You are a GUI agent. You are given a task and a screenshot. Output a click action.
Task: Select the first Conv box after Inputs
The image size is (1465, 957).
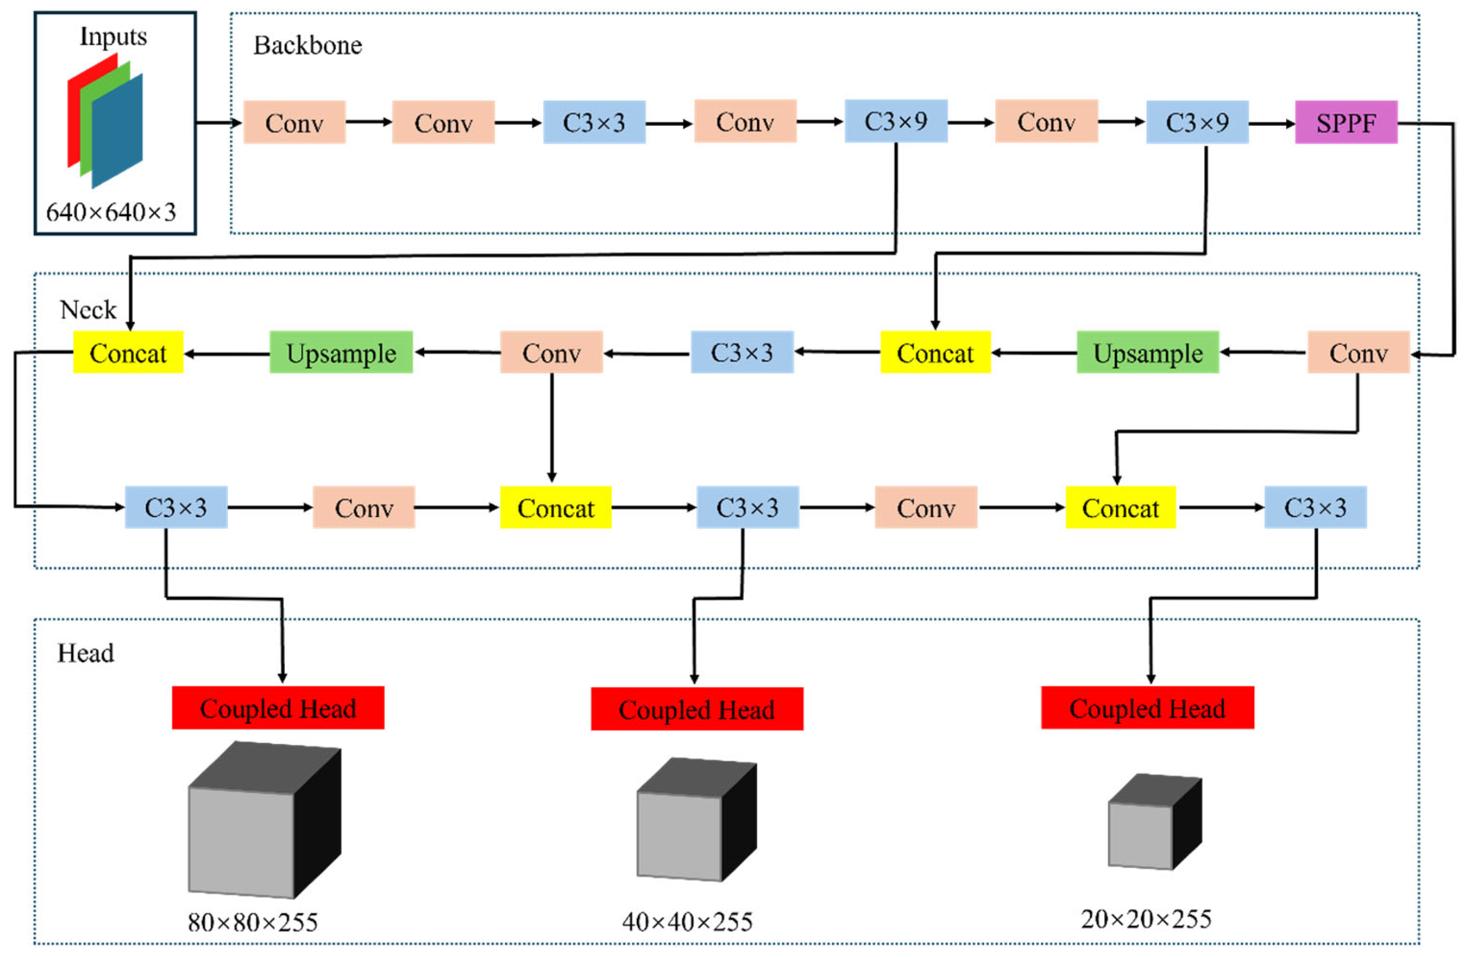pyautogui.click(x=294, y=123)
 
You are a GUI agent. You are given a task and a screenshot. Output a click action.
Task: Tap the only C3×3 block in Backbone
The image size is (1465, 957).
pyautogui.click(x=594, y=123)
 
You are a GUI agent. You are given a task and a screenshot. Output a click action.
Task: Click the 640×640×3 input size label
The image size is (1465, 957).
pyautogui.click(x=111, y=213)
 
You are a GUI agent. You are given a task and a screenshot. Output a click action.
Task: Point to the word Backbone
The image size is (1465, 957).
pyautogui.click(x=308, y=45)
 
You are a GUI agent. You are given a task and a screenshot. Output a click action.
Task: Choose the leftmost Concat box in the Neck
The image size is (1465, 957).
pyautogui.click(x=128, y=353)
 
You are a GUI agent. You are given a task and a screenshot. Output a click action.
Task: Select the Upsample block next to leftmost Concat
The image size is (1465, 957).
pyautogui.click(x=341, y=353)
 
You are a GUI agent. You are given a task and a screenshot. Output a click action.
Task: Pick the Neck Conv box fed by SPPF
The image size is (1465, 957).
pyautogui.click(x=1358, y=353)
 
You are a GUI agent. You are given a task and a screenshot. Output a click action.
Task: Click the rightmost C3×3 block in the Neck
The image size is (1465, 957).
pyautogui.click(x=1315, y=508)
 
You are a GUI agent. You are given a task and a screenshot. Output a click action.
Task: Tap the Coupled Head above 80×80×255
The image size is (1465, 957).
pyautogui.click(x=278, y=708)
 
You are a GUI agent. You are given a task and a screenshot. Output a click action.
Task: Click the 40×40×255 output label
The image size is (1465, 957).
pyautogui.click(x=687, y=922)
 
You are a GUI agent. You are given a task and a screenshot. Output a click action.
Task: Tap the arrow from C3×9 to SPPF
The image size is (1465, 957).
pyautogui.click(x=1271, y=124)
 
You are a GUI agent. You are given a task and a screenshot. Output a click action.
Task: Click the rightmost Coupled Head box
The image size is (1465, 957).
pyautogui.click(x=1148, y=708)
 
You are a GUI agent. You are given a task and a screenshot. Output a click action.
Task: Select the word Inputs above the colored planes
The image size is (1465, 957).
pyautogui.click(x=113, y=37)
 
